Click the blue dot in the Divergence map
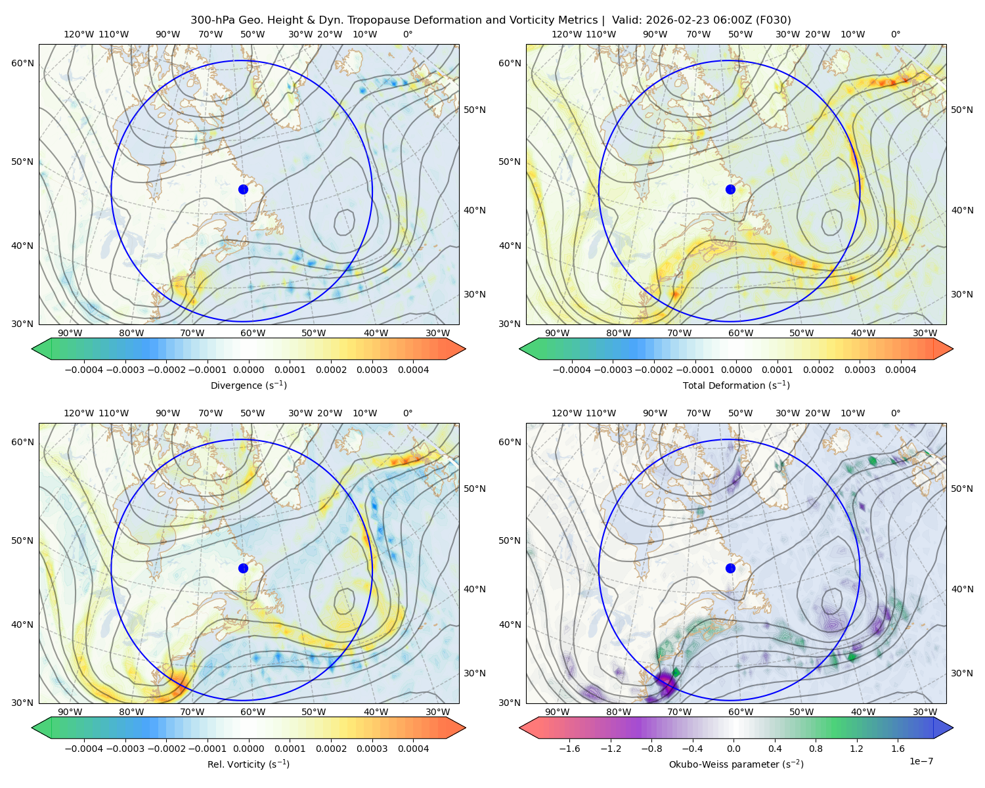point(243,189)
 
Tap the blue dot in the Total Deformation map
point(730,189)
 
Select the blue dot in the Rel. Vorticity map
point(243,568)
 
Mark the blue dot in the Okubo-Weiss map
point(730,568)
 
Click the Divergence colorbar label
point(248,385)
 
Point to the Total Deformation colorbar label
point(736,385)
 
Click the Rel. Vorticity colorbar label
point(248,764)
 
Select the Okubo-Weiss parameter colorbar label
point(736,764)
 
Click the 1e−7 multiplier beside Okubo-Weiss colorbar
point(921,761)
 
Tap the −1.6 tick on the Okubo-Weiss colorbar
point(569,749)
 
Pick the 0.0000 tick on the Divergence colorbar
point(248,370)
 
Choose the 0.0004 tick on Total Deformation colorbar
point(900,370)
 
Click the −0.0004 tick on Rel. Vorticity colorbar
point(84,749)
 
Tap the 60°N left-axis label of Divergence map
point(22,63)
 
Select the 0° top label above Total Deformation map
point(895,34)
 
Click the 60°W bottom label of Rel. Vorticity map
point(253,712)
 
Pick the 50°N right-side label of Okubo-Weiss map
point(961,489)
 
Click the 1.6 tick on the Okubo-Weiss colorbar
point(898,749)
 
